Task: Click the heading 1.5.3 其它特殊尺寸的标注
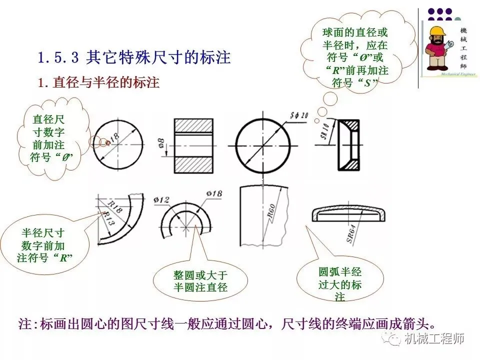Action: pyautogui.click(x=134, y=58)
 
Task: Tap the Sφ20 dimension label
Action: pyautogui.click(x=299, y=115)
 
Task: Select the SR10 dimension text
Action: pyautogui.click(x=325, y=130)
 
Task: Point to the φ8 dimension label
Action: pyautogui.click(x=161, y=143)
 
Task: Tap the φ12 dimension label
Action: pyautogui.click(x=161, y=200)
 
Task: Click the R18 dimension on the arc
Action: pyautogui.click(x=115, y=206)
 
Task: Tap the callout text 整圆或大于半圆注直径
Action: pyautogui.click(x=200, y=281)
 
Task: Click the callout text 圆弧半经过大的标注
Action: pyautogui.click(x=340, y=284)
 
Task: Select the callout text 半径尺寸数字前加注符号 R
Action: pyautogui.click(x=43, y=245)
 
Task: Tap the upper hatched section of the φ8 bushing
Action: pyautogui.click(x=193, y=126)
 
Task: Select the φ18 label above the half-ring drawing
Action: pyautogui.click(x=214, y=193)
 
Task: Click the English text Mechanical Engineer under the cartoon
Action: pyautogui.click(x=458, y=74)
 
